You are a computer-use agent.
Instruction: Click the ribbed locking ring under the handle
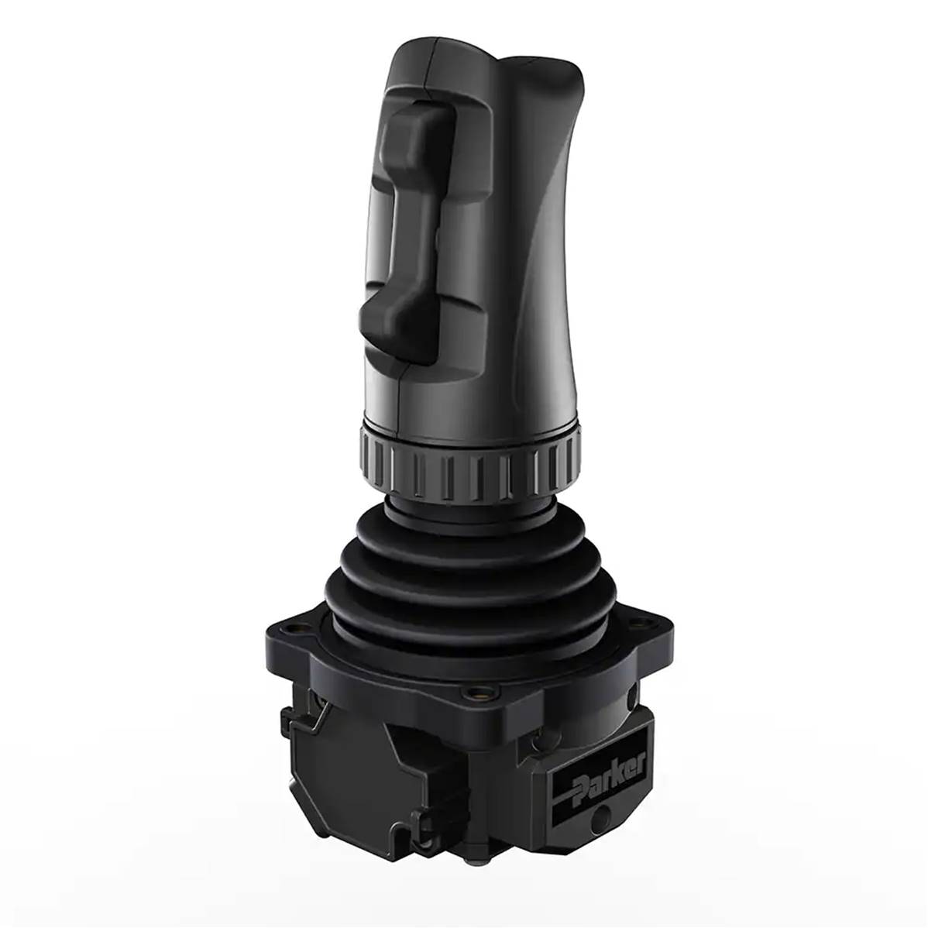click(469, 462)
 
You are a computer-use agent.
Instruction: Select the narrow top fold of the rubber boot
click(469, 511)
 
